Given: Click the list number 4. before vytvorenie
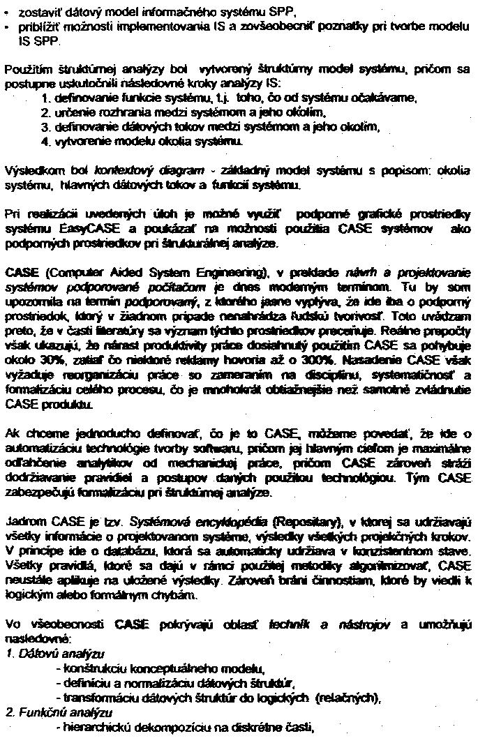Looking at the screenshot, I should [46, 142].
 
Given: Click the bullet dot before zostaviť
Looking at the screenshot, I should [8, 13].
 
